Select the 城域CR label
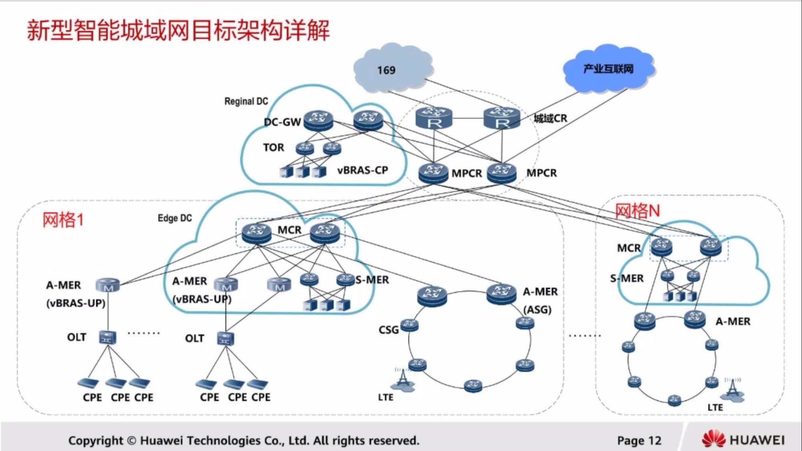(x=550, y=118)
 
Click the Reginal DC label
(x=246, y=101)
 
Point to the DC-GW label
(x=282, y=122)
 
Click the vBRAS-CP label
(x=362, y=170)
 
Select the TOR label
(x=273, y=148)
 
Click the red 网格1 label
(x=63, y=220)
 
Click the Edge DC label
(x=174, y=218)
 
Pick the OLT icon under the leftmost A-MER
(x=107, y=337)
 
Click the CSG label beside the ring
(x=388, y=330)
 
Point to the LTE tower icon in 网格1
(x=403, y=380)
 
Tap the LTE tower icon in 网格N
(x=733, y=390)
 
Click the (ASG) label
(x=537, y=309)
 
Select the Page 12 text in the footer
(x=639, y=440)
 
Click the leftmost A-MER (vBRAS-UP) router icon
(x=107, y=285)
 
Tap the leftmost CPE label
(x=92, y=397)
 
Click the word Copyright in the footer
(x=95, y=440)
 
